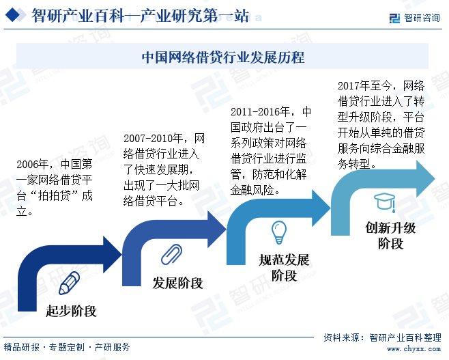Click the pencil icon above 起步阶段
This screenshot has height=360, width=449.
pos(69,283)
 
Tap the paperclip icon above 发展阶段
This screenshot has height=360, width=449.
pos(171,254)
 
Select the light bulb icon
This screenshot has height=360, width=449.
pos(279,232)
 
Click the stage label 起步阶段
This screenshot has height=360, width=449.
pos(71,311)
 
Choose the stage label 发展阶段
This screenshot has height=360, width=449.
pos(177,283)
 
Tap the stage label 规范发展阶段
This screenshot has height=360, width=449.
pos(284,268)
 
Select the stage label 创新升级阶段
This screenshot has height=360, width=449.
pos(390,236)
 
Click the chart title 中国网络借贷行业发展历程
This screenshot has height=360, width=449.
pos(223,57)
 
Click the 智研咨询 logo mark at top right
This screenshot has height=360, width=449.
pos(394,18)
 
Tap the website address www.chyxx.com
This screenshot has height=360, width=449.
pos(414,349)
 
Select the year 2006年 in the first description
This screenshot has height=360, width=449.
pos(32,164)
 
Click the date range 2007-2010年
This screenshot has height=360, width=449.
pos(154,139)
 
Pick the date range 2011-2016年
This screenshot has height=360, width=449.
pos(260,111)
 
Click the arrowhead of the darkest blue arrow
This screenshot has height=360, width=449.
pos(112,254)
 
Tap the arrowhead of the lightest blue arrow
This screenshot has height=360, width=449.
pos(426,178)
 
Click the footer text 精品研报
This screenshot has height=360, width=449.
pos(22,347)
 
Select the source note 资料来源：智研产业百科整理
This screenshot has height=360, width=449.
pos(382,337)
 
